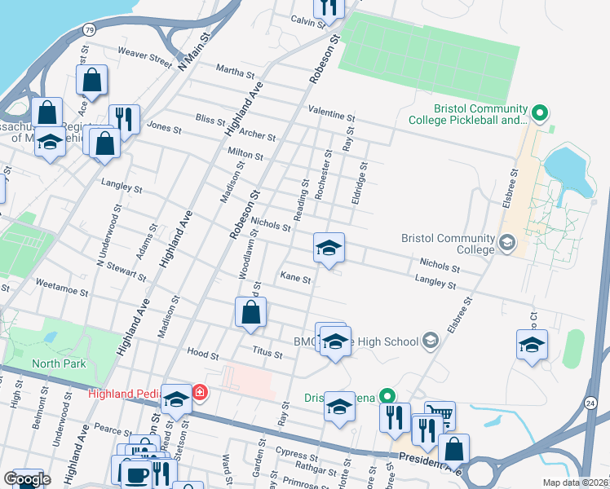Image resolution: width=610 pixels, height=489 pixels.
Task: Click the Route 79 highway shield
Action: click(88, 29)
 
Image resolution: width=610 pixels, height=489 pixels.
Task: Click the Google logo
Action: click(27, 479)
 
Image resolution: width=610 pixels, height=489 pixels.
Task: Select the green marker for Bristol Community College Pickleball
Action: click(538, 112)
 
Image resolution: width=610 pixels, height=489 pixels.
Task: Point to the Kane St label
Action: click(296, 279)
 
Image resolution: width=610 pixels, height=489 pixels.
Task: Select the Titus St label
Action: click(267, 355)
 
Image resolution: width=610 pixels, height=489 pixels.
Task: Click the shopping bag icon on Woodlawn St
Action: click(251, 312)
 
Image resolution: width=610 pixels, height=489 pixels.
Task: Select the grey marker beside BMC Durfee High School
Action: click(431, 341)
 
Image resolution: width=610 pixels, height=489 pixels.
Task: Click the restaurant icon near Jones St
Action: click(124, 119)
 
